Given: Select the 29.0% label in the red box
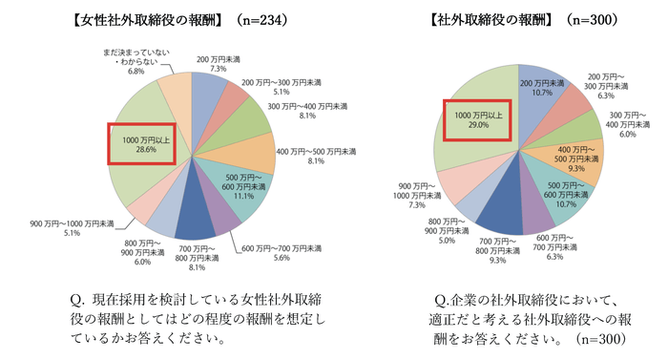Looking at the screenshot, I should [478, 125].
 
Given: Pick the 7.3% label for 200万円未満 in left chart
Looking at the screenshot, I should [218, 69].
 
